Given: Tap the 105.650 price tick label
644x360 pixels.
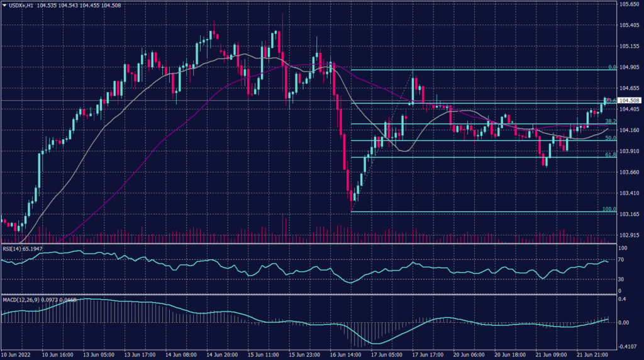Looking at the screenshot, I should point(629,4).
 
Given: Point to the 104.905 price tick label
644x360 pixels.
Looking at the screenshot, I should point(629,67).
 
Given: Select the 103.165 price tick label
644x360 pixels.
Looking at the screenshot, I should point(629,215).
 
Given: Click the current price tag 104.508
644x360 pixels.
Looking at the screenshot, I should point(629,101).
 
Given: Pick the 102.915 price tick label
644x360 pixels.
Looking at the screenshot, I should point(629,235).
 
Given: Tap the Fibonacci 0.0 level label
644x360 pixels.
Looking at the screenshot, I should point(611,66).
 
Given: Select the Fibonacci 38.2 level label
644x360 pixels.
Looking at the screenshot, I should point(609,121).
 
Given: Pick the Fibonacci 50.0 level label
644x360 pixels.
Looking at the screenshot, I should point(609,138).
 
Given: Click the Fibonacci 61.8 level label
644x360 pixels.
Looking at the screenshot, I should point(609,154).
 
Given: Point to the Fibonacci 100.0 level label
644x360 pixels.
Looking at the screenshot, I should point(608,209).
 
